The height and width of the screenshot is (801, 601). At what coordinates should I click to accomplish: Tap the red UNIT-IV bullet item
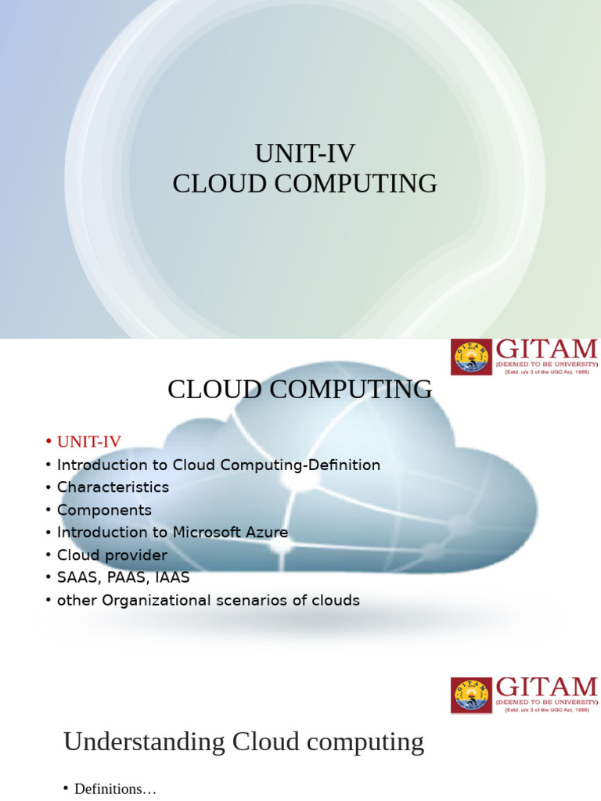[89, 442]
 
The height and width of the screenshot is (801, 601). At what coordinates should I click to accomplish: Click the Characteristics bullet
[113, 487]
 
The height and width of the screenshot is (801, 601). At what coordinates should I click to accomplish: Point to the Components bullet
[104, 510]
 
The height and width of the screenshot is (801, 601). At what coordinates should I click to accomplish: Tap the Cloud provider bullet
[112, 555]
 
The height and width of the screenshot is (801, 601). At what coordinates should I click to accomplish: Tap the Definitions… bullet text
[115, 789]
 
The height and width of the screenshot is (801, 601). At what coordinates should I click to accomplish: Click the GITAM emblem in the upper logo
[471, 357]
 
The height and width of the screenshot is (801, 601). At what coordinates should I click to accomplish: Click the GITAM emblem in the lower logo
[471, 695]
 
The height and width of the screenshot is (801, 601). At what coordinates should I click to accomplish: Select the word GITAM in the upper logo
[546, 349]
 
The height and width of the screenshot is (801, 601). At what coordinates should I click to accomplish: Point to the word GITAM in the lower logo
[546, 688]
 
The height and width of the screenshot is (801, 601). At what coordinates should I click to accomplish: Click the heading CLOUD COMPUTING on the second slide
[300, 390]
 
